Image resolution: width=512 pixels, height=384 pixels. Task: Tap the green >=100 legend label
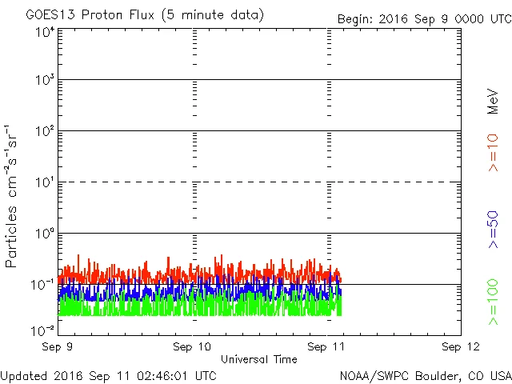point(493,302)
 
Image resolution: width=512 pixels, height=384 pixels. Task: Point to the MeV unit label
point(493,101)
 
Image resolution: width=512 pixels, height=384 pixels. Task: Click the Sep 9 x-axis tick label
point(58,346)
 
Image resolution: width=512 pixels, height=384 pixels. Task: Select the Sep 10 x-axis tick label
point(192,346)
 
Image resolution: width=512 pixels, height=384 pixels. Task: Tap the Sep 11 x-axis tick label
point(326,346)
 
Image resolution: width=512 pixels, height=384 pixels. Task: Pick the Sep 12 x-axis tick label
point(460,346)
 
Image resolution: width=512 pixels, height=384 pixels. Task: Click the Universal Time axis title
point(258,359)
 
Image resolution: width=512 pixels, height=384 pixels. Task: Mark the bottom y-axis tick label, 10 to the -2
point(42,330)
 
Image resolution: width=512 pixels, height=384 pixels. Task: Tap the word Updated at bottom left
point(24,374)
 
